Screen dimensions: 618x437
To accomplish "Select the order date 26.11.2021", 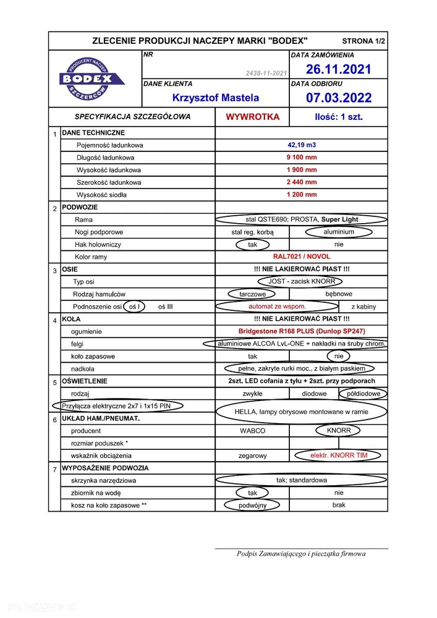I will coord(339,69).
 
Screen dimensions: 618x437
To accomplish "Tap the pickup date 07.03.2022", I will coord(339,98).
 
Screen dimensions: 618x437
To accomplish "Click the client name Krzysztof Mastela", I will coord(216,98).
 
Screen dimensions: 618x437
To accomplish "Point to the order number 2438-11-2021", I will coord(266,74).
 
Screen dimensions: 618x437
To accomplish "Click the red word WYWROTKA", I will coord(252,117).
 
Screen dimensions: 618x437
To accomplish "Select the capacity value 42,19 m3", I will coord(302,145).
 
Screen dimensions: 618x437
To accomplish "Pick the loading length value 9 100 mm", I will coord(302,158).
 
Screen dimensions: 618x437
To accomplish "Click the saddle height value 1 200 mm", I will coord(302,195).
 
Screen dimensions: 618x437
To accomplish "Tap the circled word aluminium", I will coord(339,232).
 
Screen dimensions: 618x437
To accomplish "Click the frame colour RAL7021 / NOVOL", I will coord(302,256).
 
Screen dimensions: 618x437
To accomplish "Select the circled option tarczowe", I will coord(252,294).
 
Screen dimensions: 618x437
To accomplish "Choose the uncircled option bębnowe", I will coord(339,294).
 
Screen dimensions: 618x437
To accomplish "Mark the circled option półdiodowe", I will coord(363,394).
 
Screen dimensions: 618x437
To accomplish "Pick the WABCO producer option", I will coord(252,431).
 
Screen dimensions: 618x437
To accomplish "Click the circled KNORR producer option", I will coord(339,431).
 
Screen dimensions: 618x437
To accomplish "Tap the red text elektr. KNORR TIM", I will coord(339,455).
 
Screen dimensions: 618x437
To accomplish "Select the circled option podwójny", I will coord(252,506).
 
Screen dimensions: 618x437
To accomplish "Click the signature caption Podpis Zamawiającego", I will coord(301,554).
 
